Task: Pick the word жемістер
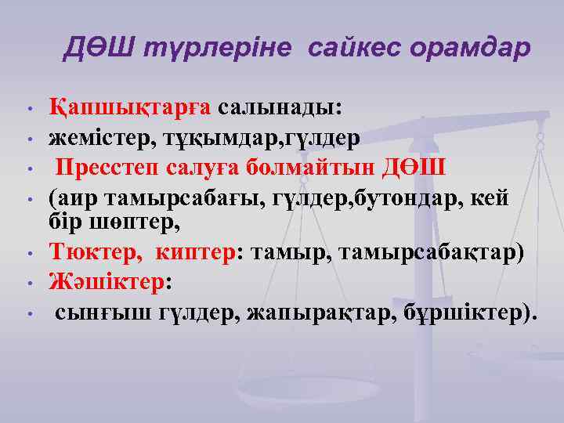coord(100,138)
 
